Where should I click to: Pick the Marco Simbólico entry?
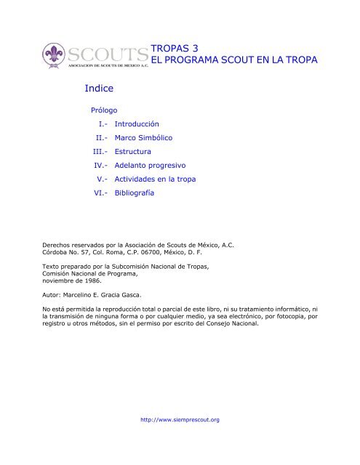coord(138,137)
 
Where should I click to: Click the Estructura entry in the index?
coord(127,151)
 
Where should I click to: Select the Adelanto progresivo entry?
coord(145,165)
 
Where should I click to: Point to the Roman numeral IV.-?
coord(96,165)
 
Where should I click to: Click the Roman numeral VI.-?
coord(96,193)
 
